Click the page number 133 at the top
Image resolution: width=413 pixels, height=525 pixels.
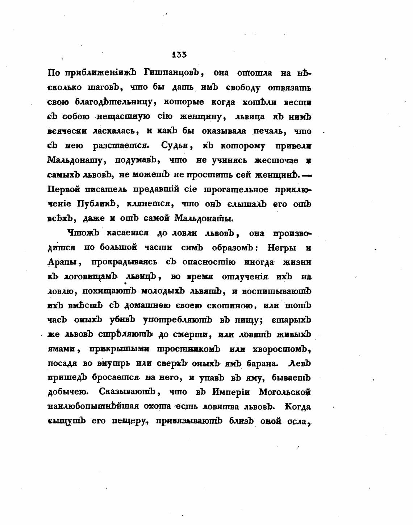coord(179,55)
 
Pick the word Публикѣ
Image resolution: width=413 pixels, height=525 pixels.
coord(96,204)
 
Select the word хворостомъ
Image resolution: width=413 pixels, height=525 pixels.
coord(283,349)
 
